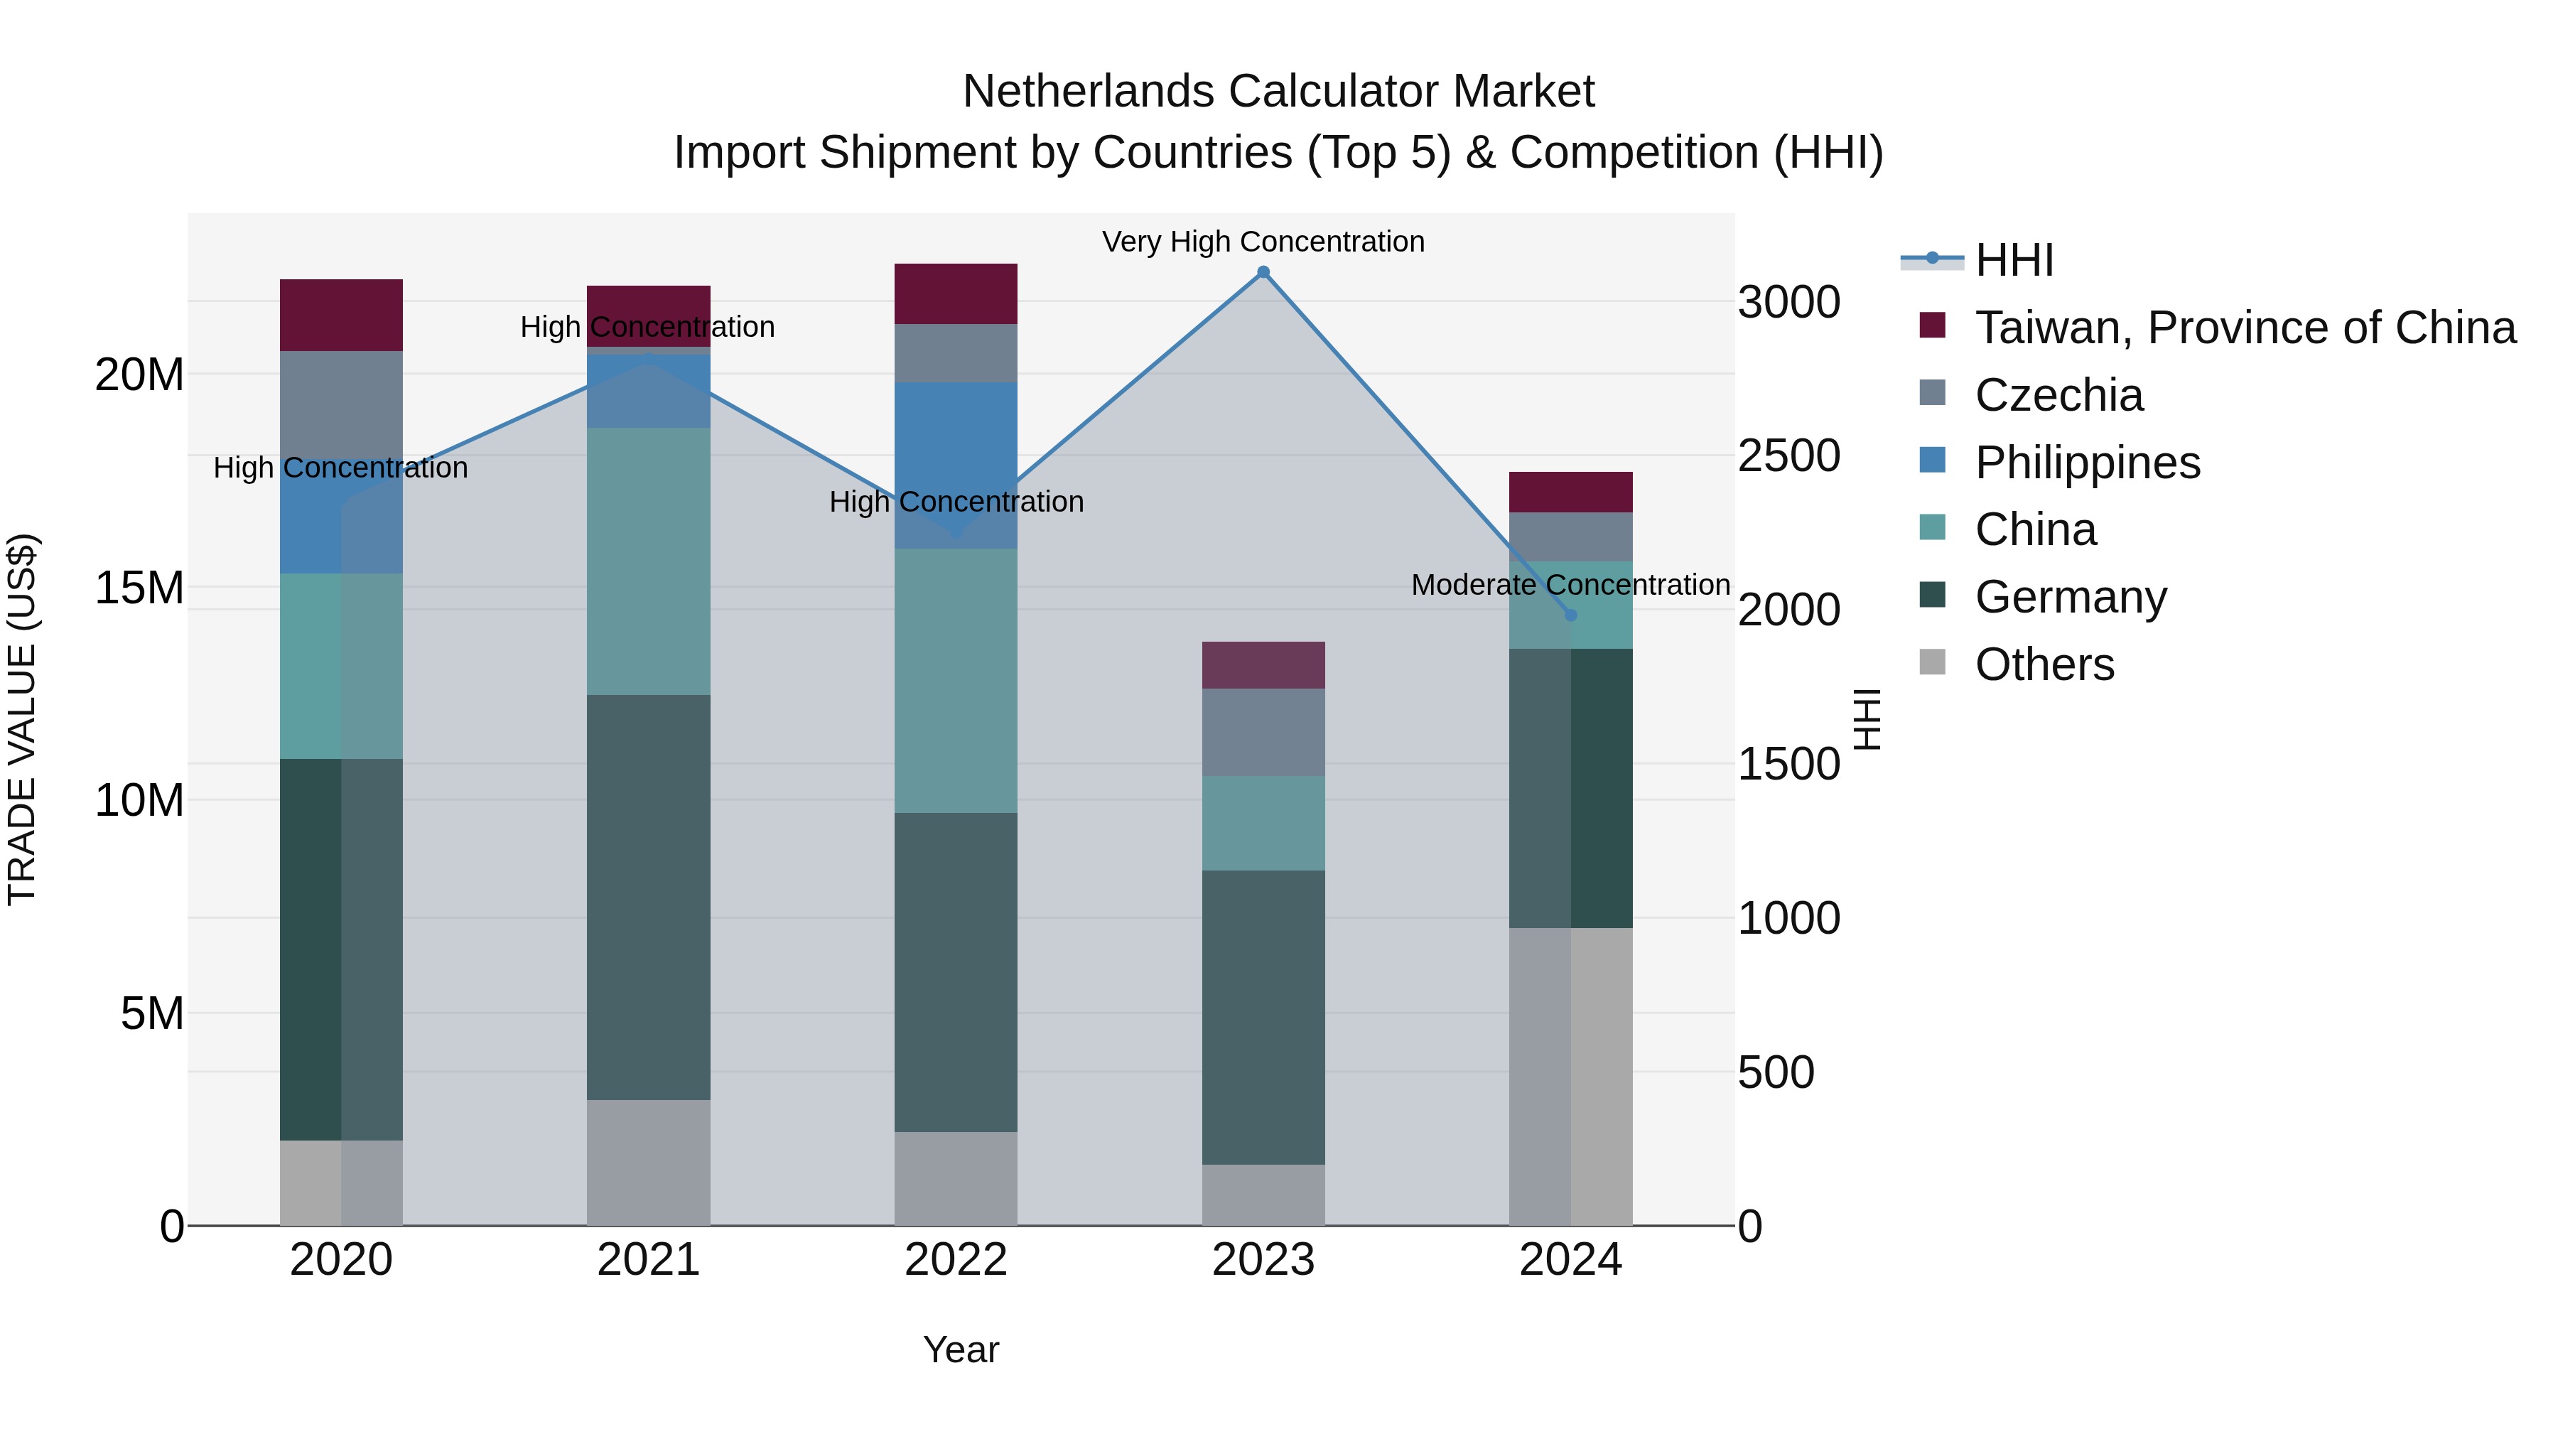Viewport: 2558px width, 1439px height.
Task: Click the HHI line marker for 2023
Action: (1263, 272)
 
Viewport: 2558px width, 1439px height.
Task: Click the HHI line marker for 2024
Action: (1571, 615)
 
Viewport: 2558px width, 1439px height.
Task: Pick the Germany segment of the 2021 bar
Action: (649, 897)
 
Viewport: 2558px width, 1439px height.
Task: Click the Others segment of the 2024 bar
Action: (1571, 1077)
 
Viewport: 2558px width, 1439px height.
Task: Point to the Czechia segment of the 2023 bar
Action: (1263, 732)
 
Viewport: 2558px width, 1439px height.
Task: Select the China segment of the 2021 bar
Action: (649, 561)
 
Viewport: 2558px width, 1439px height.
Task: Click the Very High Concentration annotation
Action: (1263, 242)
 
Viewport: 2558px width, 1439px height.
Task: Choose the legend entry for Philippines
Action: (2088, 463)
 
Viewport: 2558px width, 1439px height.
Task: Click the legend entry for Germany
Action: (2071, 597)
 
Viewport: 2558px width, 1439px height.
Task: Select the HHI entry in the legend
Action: (2014, 260)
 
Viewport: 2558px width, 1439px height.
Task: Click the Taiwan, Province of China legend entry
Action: (2244, 328)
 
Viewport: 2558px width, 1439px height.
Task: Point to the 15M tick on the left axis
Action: (139, 588)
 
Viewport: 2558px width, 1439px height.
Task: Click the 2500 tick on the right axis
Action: (1788, 456)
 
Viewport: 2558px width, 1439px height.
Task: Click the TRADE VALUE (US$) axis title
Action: (22, 719)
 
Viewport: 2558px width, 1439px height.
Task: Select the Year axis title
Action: (960, 1349)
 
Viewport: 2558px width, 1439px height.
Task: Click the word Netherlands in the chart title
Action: (1089, 92)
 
